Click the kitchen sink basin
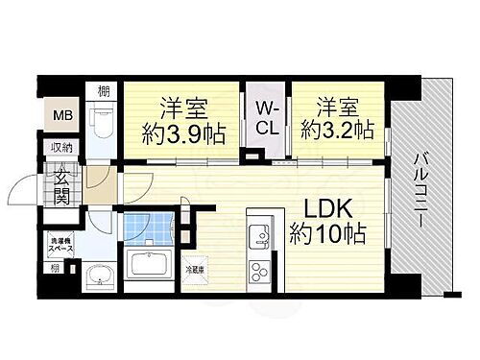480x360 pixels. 259,234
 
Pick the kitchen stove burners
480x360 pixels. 259,268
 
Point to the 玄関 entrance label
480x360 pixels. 61,181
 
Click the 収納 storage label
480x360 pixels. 60,148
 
